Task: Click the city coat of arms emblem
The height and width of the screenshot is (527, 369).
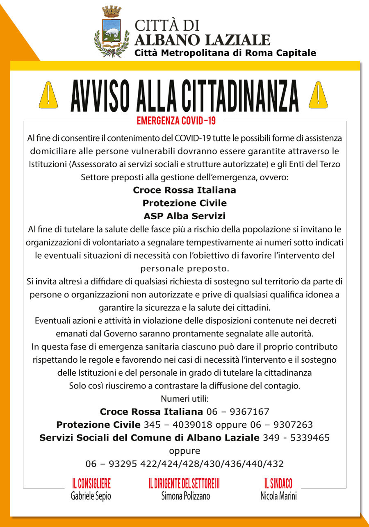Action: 109,32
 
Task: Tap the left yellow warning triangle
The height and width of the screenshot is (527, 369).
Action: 48,95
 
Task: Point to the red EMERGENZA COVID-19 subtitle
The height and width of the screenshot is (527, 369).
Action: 176,121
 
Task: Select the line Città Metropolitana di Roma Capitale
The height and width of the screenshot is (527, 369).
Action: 225,53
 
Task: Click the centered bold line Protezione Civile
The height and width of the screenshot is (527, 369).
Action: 184,203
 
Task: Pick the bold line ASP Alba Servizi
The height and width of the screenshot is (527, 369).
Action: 184,216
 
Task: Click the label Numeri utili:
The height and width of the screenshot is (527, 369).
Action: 184,399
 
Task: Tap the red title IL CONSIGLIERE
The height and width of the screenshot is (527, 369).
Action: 91,484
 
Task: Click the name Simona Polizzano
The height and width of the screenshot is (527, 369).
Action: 185,496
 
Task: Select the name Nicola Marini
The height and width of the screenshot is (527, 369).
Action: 278,496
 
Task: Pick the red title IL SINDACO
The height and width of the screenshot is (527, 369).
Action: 278,484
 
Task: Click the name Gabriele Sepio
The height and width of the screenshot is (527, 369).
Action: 91,496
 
